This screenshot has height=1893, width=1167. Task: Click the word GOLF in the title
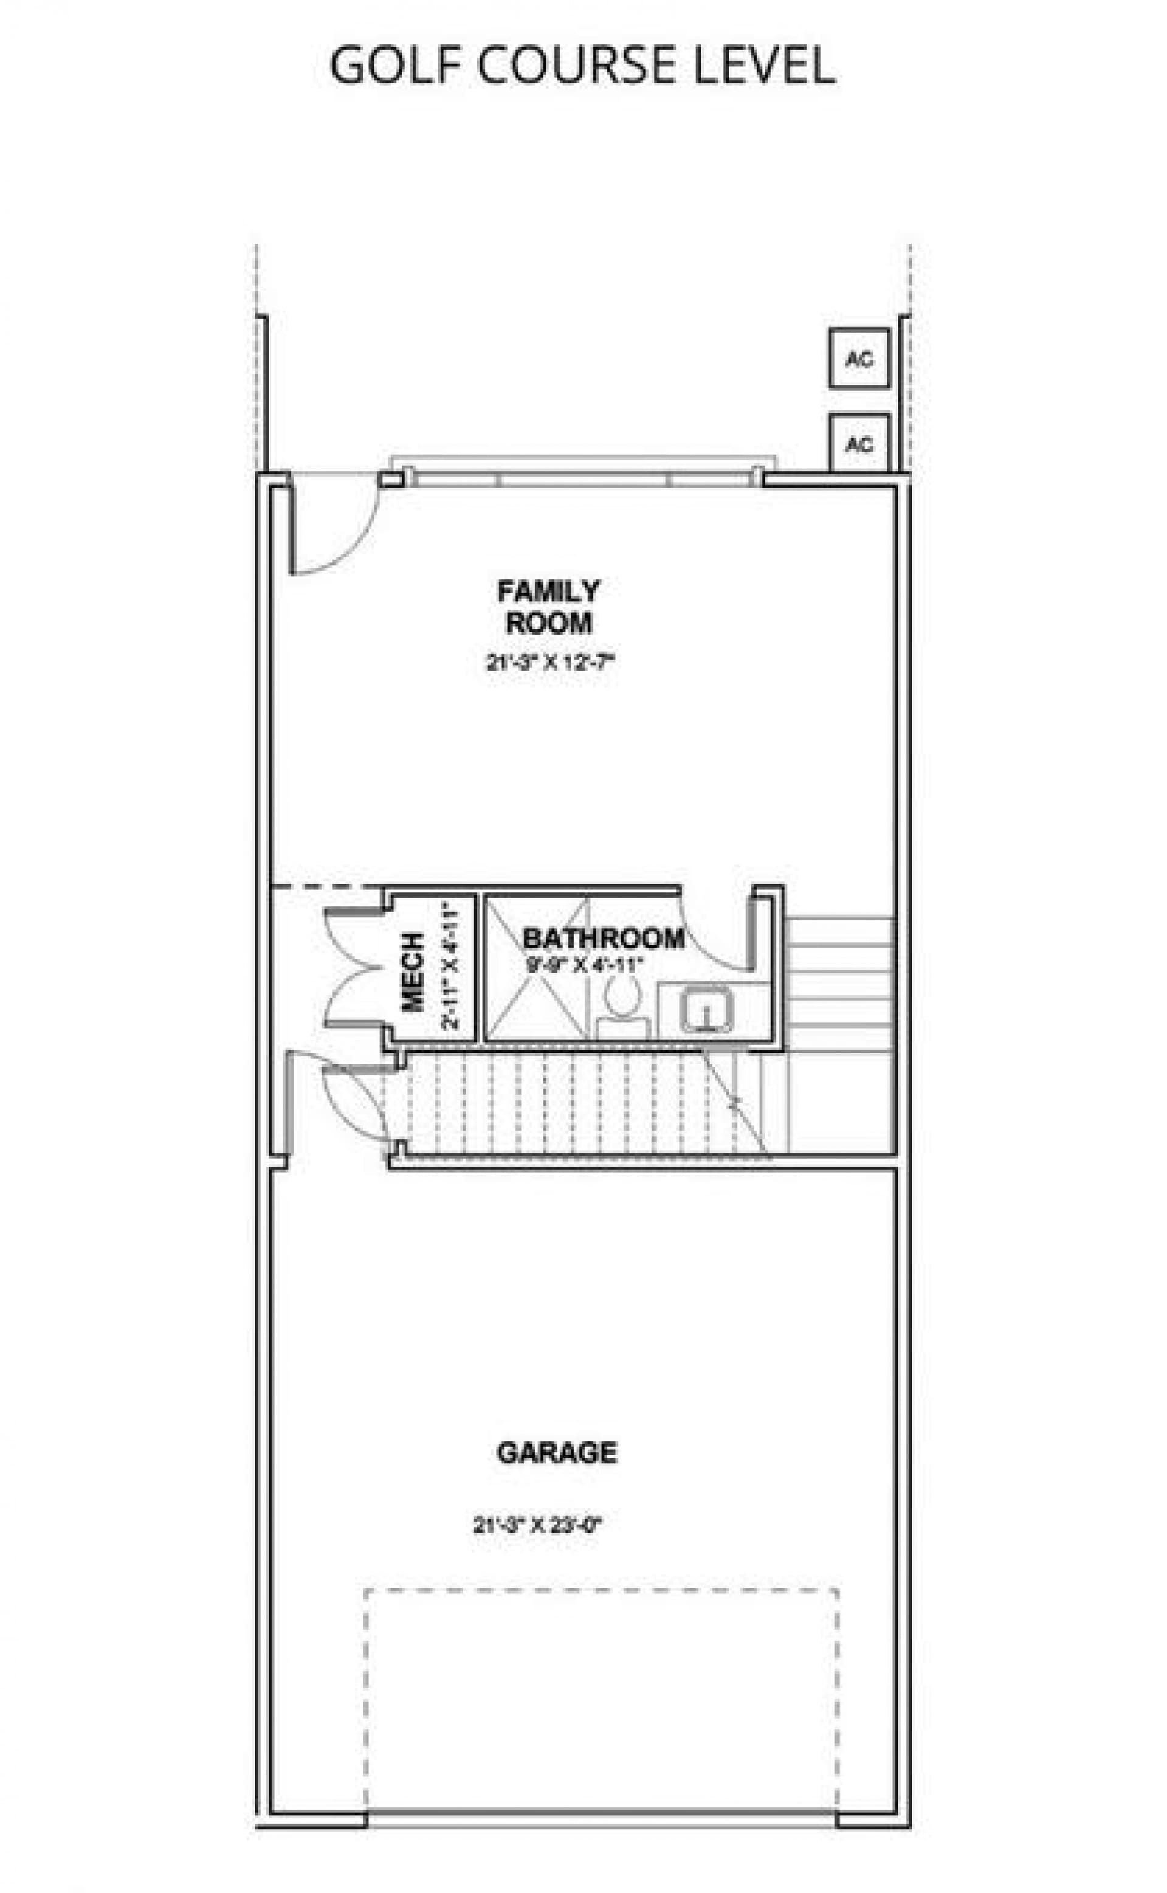[x=397, y=65]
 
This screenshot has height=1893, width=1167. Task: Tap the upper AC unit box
[x=859, y=358]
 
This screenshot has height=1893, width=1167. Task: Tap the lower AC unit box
[x=859, y=444]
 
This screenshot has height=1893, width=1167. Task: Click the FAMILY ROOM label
[x=548, y=607]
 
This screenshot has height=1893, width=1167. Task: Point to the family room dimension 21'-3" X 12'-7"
[x=549, y=662]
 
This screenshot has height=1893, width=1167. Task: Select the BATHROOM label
[x=604, y=939]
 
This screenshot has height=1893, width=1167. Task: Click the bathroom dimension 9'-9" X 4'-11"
[x=584, y=964]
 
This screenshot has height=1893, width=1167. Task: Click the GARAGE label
[x=557, y=1453]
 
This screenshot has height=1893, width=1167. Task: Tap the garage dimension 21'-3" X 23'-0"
[x=537, y=1525]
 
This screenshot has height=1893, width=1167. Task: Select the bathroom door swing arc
[x=714, y=937]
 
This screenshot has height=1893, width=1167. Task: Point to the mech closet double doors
[x=351, y=968]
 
